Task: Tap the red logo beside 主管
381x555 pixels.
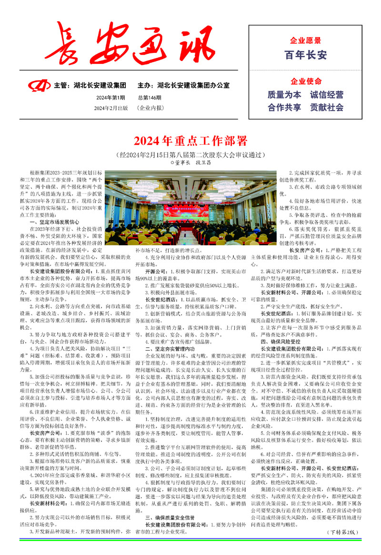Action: (x=40, y=86)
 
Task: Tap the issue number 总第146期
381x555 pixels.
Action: (x=150, y=98)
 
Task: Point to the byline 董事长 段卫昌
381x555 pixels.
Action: (x=190, y=162)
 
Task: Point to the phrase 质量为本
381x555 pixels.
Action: (x=284, y=95)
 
